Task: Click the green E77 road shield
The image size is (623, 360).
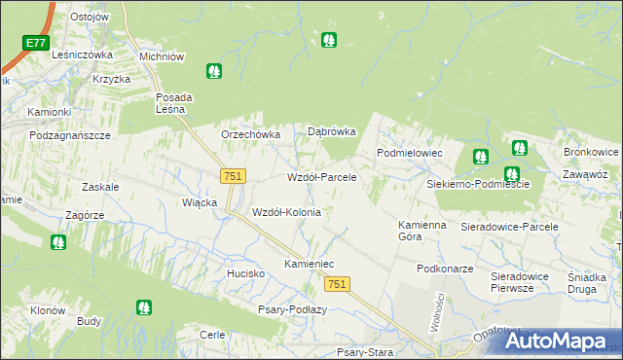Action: [36, 43]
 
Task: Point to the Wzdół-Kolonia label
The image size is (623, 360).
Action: [286, 212]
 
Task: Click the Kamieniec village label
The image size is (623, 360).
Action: [309, 265]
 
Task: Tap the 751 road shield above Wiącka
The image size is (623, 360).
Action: [233, 175]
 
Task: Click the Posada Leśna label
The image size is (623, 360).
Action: [174, 103]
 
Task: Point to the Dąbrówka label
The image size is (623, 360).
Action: [332, 131]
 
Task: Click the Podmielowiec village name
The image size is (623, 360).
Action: [410, 154]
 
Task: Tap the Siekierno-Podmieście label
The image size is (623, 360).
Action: [477, 184]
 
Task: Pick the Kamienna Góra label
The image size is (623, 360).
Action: [422, 231]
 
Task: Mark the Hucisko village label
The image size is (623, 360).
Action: [246, 274]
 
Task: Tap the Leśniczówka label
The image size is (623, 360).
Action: [84, 55]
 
